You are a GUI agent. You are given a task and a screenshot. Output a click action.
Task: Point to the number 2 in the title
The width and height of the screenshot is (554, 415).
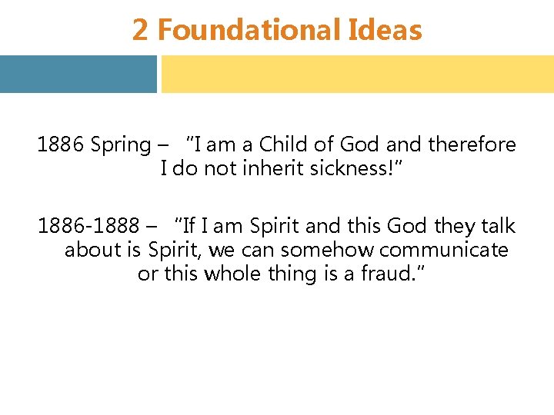click(139, 31)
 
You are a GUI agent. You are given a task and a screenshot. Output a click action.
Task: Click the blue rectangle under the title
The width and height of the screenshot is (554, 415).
click(78, 74)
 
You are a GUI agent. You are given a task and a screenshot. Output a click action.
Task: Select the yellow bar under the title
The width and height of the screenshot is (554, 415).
click(357, 74)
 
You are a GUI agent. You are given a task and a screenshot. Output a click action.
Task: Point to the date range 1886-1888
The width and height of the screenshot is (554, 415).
click(88, 226)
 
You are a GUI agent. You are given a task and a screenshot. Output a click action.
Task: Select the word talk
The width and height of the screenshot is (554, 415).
click(498, 226)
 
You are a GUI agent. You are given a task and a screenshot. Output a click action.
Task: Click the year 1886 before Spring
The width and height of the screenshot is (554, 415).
click(60, 144)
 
